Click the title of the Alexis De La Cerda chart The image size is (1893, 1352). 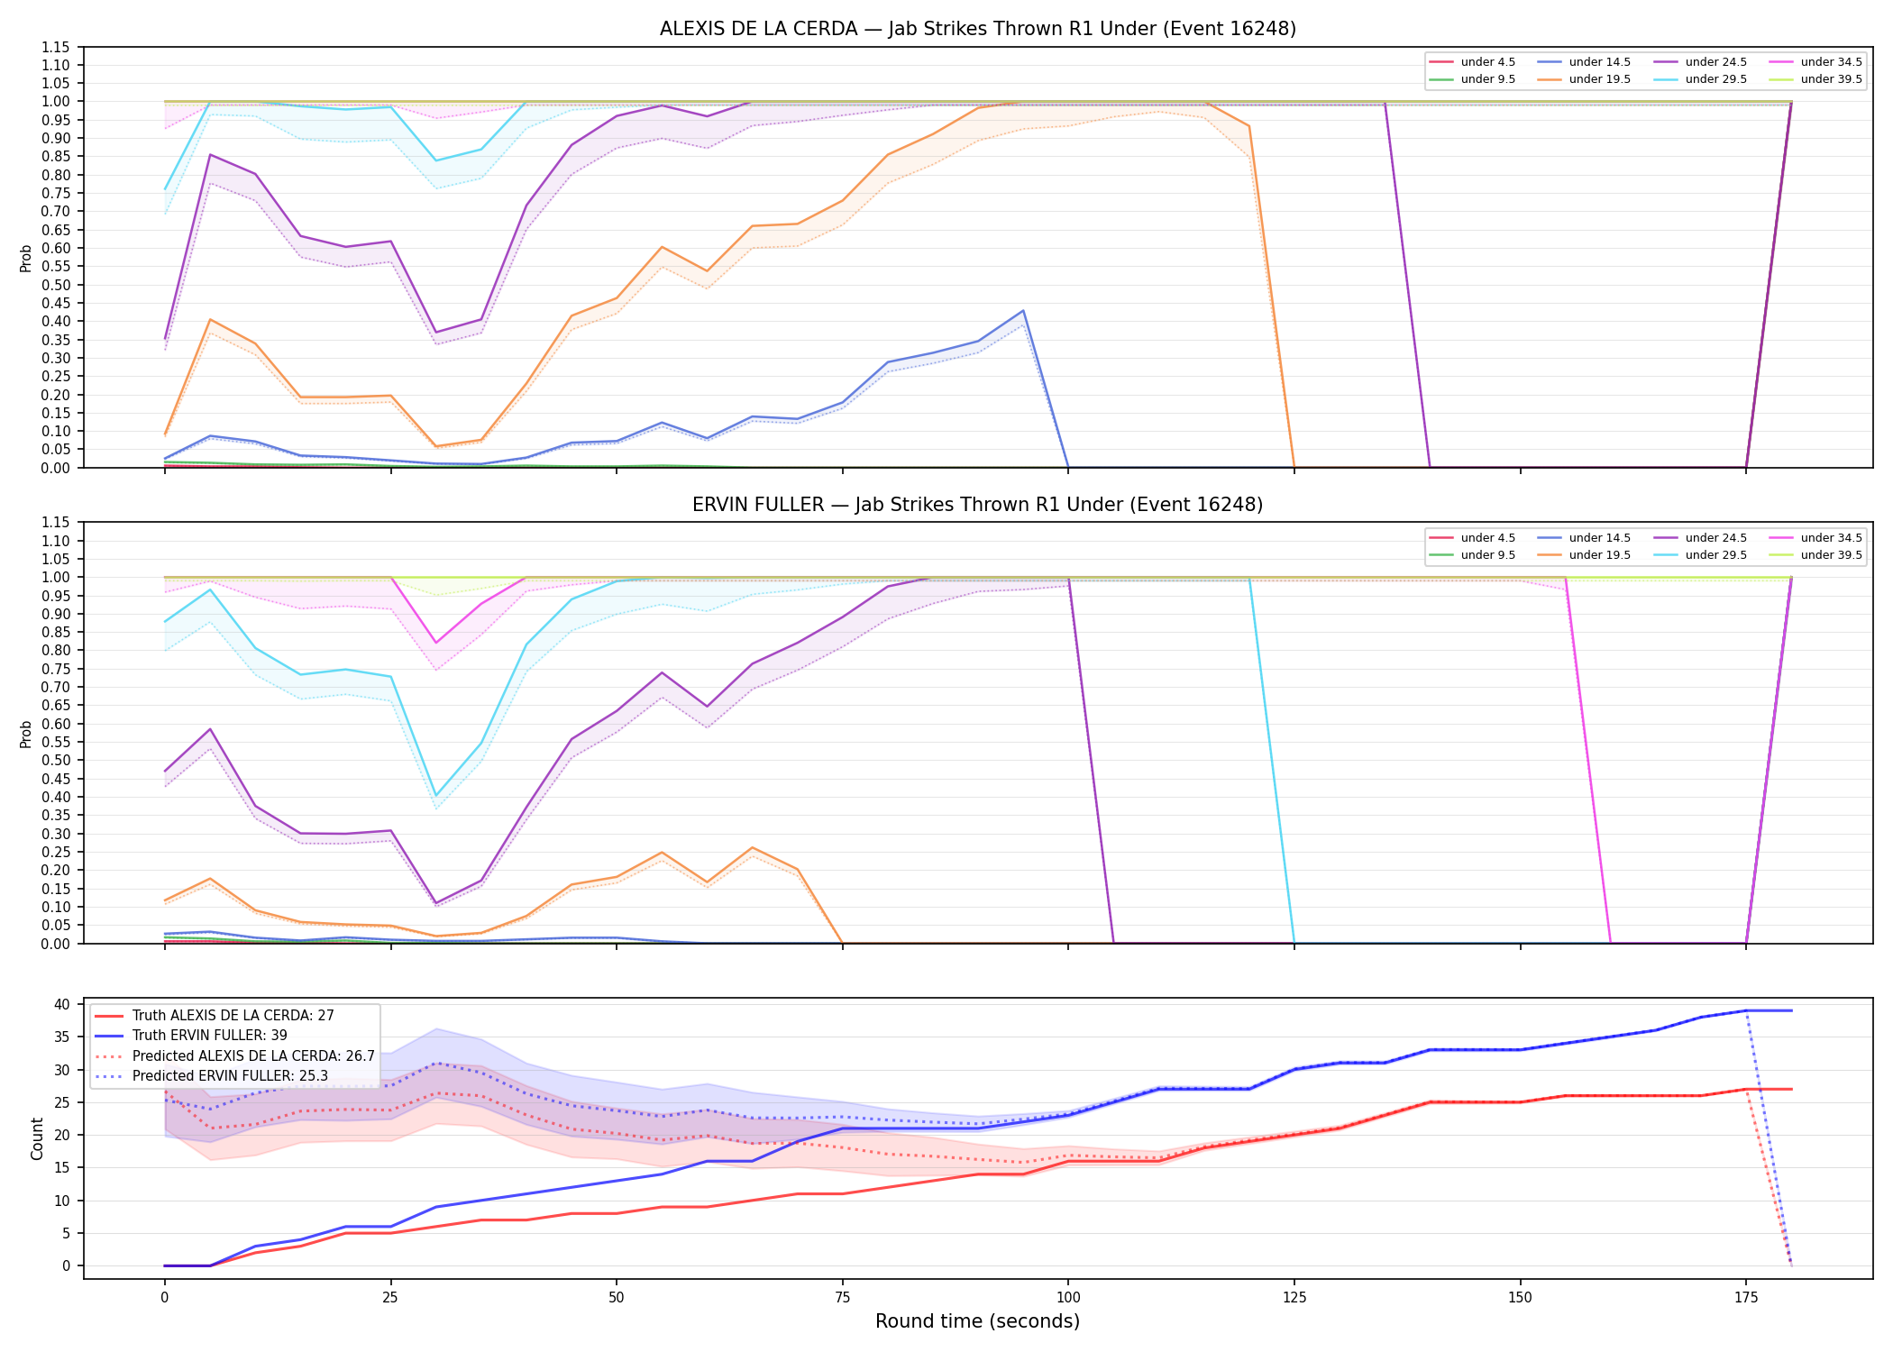click(x=977, y=29)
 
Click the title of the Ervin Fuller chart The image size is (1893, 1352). click(x=977, y=505)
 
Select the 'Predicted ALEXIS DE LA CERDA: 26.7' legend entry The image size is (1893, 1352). click(x=234, y=1055)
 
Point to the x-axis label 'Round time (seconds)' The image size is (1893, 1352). click(x=977, y=1321)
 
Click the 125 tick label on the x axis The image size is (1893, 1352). click(x=1294, y=1298)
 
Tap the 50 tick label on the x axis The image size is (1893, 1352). click(x=616, y=1298)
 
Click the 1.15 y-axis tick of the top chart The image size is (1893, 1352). click(x=56, y=47)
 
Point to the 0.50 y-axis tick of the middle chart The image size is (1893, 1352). click(x=56, y=760)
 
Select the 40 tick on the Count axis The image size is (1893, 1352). click(x=62, y=1004)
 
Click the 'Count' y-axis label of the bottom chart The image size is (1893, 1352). click(x=37, y=1138)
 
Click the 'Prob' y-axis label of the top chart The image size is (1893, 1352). click(x=26, y=258)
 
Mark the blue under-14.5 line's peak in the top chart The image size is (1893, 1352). click(x=1022, y=311)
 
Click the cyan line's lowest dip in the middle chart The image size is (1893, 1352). click(x=436, y=796)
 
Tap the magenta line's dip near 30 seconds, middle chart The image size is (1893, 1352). click(x=436, y=643)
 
